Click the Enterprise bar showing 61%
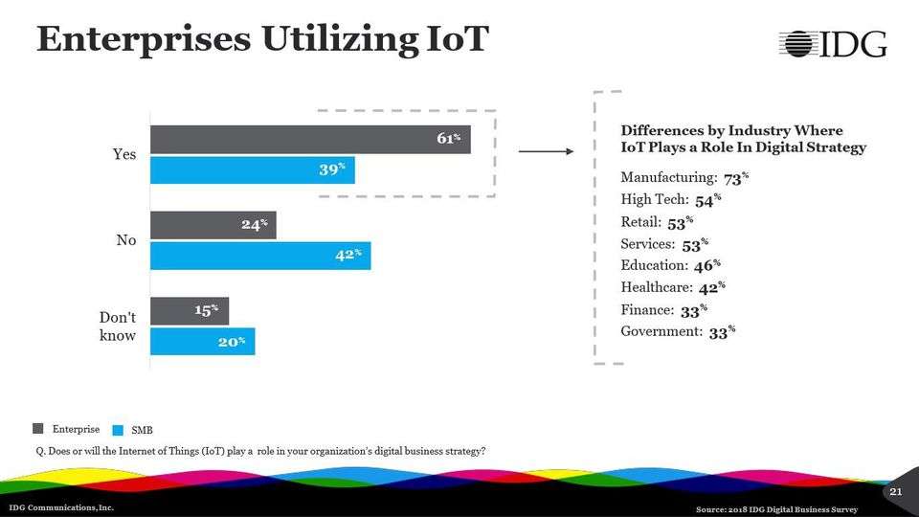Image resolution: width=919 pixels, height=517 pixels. (x=310, y=140)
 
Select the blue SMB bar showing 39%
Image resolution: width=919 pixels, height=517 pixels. (x=253, y=170)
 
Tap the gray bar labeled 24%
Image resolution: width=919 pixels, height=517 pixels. (x=213, y=225)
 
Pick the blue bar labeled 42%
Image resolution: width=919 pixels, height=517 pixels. (x=260, y=256)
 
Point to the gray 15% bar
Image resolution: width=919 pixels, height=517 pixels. (x=190, y=310)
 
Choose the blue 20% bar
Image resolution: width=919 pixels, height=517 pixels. (x=203, y=341)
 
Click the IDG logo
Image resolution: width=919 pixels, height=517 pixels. (x=832, y=43)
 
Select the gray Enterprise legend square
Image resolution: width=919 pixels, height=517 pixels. (x=38, y=428)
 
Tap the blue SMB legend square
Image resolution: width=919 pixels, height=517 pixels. (x=119, y=430)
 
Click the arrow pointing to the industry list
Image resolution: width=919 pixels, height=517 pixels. (x=545, y=151)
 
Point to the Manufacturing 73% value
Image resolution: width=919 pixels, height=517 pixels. (x=735, y=178)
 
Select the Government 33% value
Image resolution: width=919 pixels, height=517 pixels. (x=722, y=332)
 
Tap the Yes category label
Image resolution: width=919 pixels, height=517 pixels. (x=125, y=154)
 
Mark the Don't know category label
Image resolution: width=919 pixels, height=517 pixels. (x=118, y=326)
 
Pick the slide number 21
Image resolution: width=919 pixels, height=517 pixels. (x=896, y=491)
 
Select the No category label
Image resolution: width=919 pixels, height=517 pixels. (x=126, y=240)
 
